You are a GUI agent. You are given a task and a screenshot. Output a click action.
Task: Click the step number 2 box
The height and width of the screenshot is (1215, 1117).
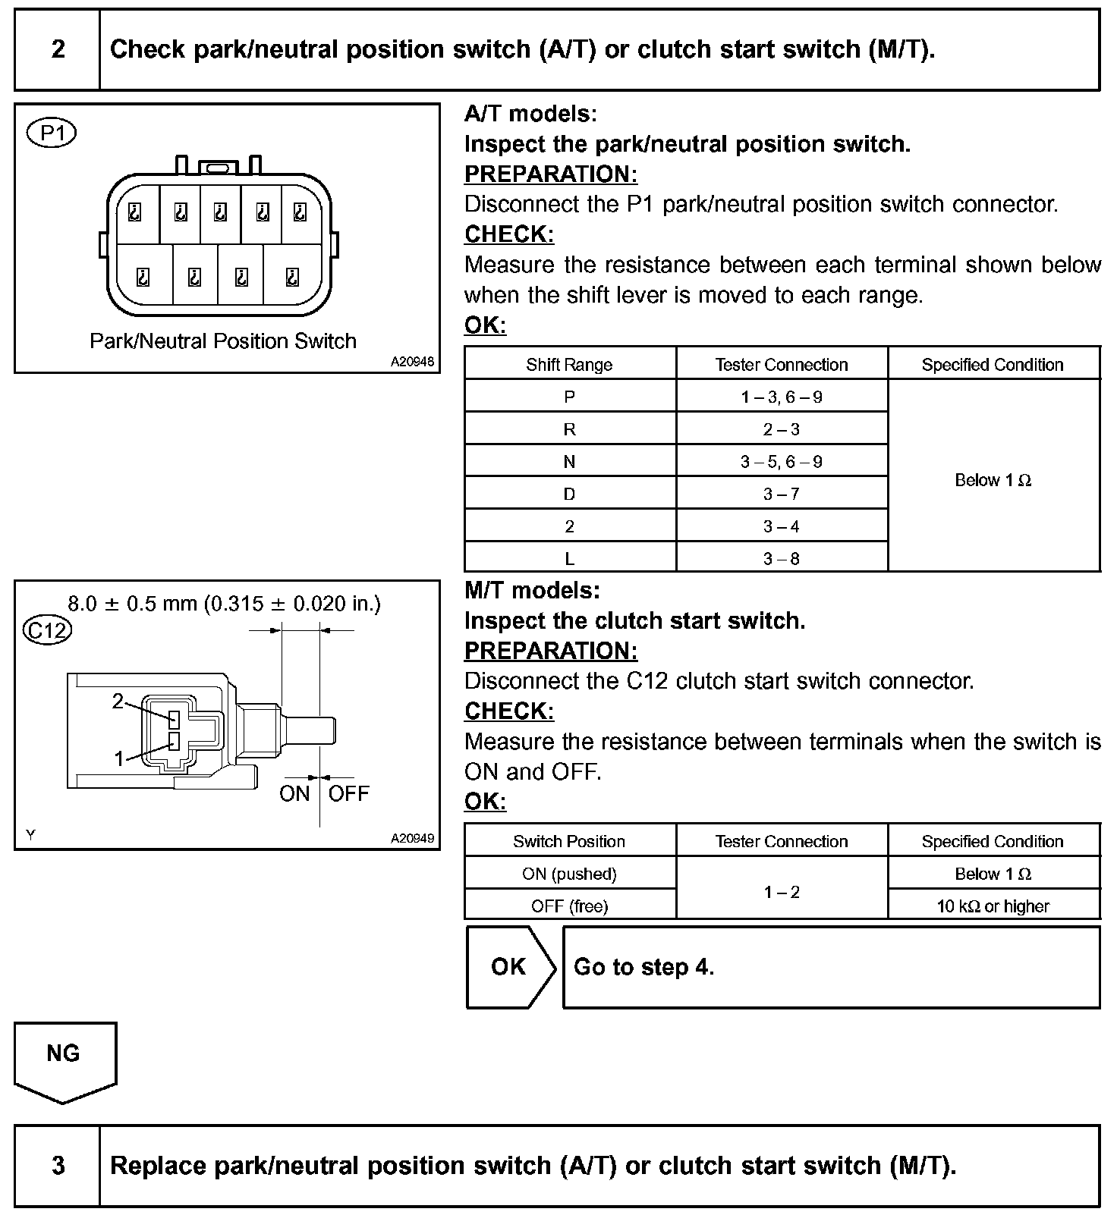click(x=58, y=50)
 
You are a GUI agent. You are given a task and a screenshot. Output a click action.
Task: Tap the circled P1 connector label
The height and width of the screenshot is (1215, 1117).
click(x=52, y=133)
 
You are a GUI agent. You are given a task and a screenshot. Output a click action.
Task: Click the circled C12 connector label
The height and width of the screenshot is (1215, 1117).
click(x=47, y=630)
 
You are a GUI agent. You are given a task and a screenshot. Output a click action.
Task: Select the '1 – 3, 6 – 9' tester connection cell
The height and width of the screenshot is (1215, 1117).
click(x=782, y=397)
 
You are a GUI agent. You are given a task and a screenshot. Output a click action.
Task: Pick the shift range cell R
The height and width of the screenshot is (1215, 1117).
click(x=569, y=429)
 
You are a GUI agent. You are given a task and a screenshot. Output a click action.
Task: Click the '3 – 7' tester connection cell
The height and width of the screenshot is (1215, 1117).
click(x=782, y=494)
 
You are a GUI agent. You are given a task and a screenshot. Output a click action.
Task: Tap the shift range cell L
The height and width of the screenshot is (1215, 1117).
click(x=569, y=559)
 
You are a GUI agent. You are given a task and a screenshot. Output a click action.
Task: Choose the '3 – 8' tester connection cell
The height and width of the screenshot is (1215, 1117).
click(x=782, y=559)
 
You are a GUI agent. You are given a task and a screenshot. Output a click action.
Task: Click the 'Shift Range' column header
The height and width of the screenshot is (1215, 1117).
click(x=569, y=364)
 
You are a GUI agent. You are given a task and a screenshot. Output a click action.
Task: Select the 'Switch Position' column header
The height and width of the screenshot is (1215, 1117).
click(x=569, y=841)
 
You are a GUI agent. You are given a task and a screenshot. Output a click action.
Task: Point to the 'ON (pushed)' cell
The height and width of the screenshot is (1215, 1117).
click(x=569, y=874)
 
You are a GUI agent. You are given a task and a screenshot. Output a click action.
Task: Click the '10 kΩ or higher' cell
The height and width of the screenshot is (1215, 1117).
click(x=993, y=906)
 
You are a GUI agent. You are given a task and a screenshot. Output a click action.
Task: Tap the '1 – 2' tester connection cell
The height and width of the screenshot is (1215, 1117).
click(x=782, y=891)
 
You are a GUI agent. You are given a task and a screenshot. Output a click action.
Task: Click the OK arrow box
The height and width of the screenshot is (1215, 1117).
click(x=509, y=967)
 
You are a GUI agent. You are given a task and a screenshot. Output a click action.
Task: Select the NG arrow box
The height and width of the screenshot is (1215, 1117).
click(x=64, y=1057)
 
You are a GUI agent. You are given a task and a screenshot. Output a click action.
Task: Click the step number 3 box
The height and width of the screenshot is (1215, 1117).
click(x=58, y=1166)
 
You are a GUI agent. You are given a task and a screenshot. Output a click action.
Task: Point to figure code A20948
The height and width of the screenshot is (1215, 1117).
click(x=412, y=362)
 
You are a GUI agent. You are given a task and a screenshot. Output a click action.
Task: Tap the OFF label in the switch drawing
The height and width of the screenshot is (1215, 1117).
click(x=348, y=793)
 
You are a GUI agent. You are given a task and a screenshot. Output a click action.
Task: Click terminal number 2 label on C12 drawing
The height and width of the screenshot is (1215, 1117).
click(x=118, y=701)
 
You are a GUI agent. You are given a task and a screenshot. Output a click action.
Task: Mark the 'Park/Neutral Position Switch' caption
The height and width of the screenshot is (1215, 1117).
click(x=223, y=341)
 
